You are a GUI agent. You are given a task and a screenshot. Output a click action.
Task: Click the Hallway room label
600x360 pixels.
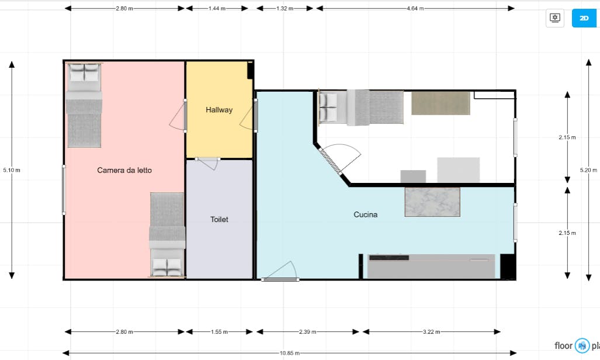tap(219, 110)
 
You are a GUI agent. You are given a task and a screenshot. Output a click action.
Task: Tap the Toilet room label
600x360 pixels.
tap(219, 219)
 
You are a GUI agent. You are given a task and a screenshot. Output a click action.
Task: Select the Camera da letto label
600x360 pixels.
tap(124, 171)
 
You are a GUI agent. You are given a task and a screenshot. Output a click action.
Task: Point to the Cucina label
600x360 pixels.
tap(366, 214)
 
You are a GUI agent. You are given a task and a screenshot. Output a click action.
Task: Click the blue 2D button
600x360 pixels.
tap(584, 18)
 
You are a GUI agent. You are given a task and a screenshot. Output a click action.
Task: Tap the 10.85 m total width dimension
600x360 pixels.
tap(290, 353)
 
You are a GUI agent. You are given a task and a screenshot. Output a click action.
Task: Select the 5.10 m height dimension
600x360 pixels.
tap(12, 170)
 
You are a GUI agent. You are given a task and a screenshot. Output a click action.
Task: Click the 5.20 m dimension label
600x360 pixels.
tap(588, 170)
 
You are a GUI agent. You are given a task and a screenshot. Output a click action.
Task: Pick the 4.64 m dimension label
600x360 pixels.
tap(415, 8)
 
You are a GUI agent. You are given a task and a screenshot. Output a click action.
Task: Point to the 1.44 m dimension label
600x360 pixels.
tap(217, 8)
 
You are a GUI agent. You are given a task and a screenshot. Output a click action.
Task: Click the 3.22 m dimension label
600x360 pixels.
tap(431, 332)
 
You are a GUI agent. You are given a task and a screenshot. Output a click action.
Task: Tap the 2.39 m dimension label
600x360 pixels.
tap(307, 332)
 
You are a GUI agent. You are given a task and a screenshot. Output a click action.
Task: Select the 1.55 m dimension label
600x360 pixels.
tap(219, 332)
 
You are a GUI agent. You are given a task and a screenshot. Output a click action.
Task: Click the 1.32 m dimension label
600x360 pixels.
tap(285, 8)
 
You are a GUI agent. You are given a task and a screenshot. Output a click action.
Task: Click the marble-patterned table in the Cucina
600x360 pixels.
tap(432, 202)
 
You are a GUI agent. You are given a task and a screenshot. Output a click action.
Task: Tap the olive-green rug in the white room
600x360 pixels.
tap(441, 103)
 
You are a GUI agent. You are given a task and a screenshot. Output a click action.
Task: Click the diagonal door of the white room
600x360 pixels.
tap(330, 161)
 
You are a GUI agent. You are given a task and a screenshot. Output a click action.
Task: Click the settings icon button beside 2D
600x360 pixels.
tap(555, 18)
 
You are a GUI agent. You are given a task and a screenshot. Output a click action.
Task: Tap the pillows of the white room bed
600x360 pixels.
tap(328, 108)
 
